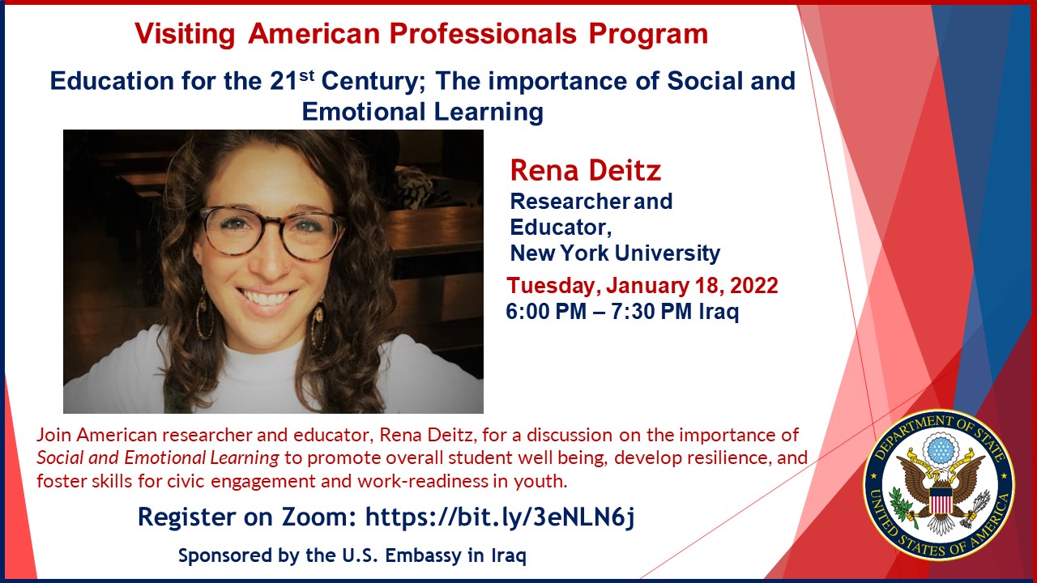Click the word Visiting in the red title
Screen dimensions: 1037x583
(185, 35)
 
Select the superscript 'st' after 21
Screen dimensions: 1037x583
(306, 75)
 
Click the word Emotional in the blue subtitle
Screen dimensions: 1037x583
(364, 112)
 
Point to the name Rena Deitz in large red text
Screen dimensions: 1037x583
(585, 170)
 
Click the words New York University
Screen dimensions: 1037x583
(615, 253)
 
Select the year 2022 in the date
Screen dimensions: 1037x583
(753, 286)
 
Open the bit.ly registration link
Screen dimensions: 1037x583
(500, 517)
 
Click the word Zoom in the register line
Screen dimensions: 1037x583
(319, 517)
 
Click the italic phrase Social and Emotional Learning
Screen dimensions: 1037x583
(158, 458)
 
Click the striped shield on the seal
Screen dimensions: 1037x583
(941, 500)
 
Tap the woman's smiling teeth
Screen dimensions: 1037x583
(267, 297)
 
